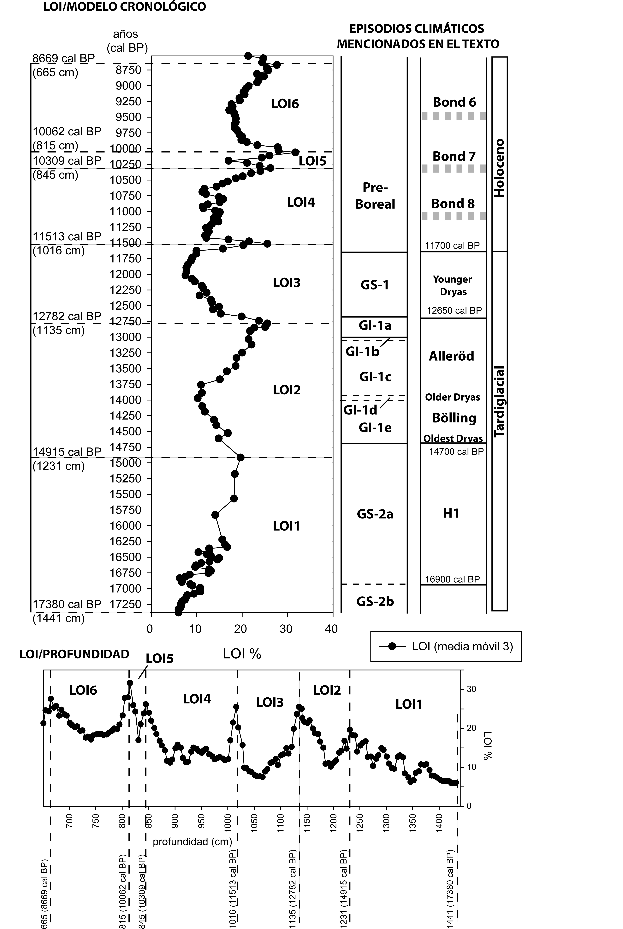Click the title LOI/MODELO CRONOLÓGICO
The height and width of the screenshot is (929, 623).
(x=124, y=7)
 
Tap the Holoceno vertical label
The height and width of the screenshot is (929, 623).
(x=499, y=168)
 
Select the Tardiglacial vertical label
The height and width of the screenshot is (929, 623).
(x=499, y=402)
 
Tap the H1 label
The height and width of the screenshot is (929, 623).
(x=451, y=513)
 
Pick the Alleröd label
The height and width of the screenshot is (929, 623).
(x=451, y=356)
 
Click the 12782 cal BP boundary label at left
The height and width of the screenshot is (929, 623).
(x=67, y=316)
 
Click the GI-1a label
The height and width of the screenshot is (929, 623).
(x=375, y=326)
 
